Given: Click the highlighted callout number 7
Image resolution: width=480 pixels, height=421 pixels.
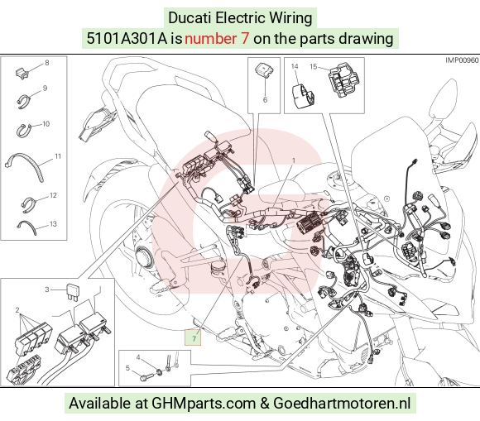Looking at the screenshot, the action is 193,338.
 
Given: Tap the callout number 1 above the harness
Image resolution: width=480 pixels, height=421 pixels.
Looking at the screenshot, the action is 294,160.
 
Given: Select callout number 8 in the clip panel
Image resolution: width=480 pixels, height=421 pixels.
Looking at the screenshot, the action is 47,63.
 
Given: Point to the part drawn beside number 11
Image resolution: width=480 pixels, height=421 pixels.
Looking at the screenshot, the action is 26,165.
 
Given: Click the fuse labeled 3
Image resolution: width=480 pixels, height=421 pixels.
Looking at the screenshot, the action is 72,292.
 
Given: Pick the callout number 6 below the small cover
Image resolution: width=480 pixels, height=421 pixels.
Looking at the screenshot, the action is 265,100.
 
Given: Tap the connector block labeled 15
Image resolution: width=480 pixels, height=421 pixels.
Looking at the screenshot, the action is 343,80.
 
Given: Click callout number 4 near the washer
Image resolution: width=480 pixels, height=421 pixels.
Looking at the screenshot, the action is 138,357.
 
